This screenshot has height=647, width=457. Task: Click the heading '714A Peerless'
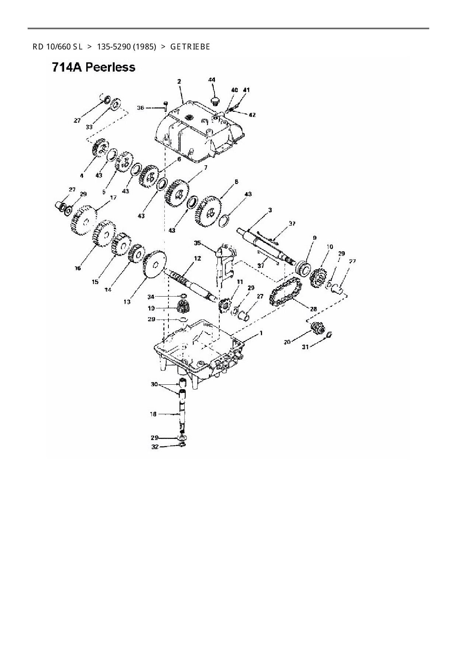point(94,68)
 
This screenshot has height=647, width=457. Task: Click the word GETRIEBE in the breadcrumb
point(190,47)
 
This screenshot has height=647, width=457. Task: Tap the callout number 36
point(140,108)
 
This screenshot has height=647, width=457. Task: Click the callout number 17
point(113,198)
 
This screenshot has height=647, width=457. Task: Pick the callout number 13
point(127,302)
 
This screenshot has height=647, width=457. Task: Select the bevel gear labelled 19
point(183,307)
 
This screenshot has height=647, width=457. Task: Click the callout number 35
point(197,243)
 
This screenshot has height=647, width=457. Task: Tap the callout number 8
point(236,181)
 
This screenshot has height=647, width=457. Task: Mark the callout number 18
point(153,414)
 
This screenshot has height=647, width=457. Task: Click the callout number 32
point(155,447)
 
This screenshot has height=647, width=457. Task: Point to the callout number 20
point(287,342)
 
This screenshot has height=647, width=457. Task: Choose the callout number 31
point(306,347)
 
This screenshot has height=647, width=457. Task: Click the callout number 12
point(198,259)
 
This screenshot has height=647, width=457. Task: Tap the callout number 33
point(89,127)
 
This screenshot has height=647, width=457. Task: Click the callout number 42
point(252,115)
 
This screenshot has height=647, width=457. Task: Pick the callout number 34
point(151,297)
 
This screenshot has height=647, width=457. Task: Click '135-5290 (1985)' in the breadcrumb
point(126,47)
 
